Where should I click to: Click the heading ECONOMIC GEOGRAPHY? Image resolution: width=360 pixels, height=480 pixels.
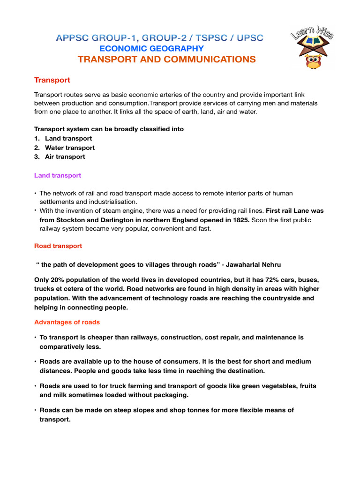(x=151, y=49)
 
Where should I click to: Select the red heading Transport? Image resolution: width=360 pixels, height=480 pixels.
(x=52, y=80)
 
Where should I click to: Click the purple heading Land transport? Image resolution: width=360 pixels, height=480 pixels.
(x=57, y=175)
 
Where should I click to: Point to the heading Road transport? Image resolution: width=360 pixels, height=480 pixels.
(x=58, y=246)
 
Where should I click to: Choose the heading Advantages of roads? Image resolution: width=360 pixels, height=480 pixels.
(x=67, y=322)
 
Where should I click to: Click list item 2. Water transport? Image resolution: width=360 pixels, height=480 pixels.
(x=69, y=148)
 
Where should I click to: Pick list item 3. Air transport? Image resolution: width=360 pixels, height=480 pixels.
(x=65, y=157)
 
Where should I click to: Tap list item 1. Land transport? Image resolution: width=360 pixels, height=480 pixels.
(x=68, y=138)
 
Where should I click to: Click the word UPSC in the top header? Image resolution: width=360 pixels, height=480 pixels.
(x=247, y=37)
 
